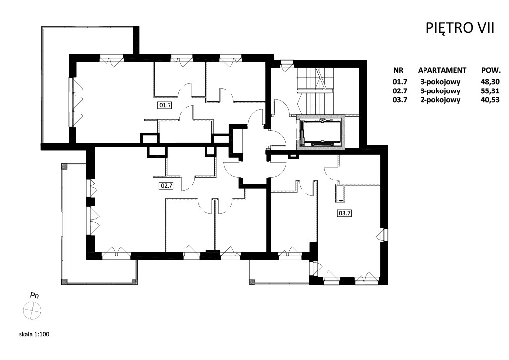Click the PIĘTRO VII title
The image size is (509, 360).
coord(460,28)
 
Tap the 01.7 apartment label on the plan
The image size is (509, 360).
coord(165,105)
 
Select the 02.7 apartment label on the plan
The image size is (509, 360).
coord(166,186)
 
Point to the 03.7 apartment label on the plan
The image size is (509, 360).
coord(345,213)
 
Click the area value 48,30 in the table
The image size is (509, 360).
coord(490,82)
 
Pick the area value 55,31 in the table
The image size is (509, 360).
coord(490,91)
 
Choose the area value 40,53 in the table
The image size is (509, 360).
coord(490,100)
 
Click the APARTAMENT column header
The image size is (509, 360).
coord(442,70)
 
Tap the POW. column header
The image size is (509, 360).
coord(491,70)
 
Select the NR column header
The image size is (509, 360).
coord(398,70)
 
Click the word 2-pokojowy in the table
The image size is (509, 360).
coord(440,100)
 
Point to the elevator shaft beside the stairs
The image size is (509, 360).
coord(321,132)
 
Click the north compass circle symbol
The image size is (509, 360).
coord(32,311)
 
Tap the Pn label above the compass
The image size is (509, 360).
coord(34,295)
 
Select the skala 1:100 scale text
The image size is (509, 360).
coord(34,334)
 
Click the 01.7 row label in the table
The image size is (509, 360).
coord(400,82)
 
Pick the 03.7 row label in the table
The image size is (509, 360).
coord(400,100)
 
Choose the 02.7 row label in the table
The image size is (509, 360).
coord(400,91)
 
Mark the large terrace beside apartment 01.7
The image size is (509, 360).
coord(55,85)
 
